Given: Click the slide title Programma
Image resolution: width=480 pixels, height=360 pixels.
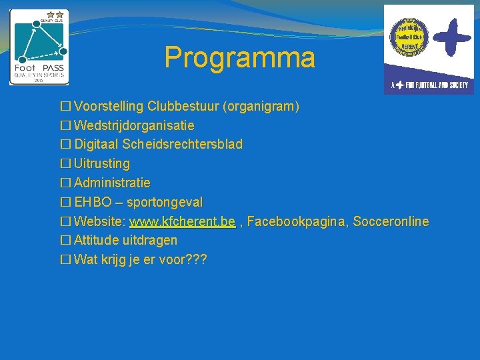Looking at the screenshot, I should [x=239, y=58].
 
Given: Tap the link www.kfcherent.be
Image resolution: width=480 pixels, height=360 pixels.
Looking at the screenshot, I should [x=182, y=221].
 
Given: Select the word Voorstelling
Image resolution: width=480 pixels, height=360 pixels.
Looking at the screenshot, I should [x=109, y=106].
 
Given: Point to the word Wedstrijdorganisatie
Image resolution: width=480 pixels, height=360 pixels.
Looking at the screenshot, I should [x=134, y=125].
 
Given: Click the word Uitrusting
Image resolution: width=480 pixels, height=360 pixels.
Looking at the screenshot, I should [x=102, y=163].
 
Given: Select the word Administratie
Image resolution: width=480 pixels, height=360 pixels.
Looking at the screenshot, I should [x=112, y=183].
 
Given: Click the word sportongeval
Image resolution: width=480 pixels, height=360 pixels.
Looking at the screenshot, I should [x=165, y=202].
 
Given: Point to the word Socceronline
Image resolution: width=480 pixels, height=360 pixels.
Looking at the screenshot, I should [x=391, y=221].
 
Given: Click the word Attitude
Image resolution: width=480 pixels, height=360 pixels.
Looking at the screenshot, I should [x=97, y=240].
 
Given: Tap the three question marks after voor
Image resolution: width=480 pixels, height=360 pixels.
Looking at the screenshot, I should [x=197, y=259].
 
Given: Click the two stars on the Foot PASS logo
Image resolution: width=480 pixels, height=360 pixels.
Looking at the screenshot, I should [x=55, y=14].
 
